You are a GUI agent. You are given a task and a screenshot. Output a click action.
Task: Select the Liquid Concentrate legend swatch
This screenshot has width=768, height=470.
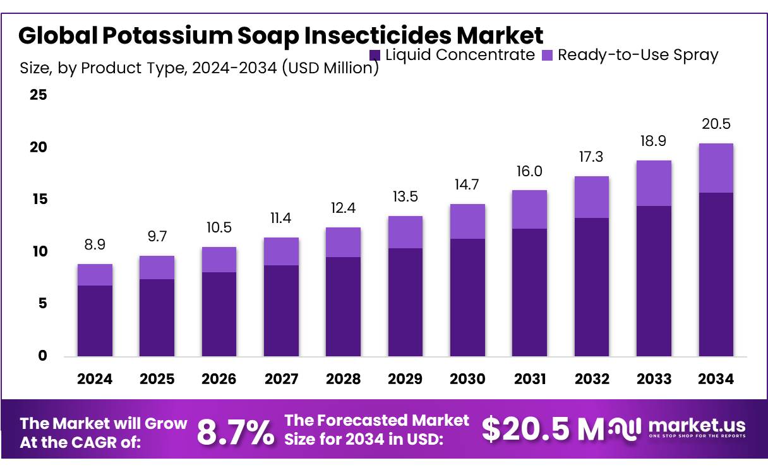point(375,55)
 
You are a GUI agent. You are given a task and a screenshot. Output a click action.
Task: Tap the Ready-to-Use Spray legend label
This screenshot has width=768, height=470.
point(638,55)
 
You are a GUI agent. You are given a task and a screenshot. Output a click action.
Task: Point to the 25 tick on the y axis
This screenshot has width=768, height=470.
point(39,95)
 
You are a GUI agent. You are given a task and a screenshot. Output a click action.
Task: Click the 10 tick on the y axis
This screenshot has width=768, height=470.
point(39,251)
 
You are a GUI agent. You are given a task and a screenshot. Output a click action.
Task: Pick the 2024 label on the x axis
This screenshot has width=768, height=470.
point(95,379)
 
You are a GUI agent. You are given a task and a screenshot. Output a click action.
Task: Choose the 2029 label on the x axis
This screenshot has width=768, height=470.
point(405,379)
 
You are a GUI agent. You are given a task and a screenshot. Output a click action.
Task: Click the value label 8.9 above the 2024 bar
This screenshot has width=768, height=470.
point(95,244)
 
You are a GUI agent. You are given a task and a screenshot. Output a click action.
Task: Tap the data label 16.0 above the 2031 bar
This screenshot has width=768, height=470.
point(529,171)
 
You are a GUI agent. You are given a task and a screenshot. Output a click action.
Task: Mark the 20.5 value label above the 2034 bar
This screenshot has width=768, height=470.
point(716,124)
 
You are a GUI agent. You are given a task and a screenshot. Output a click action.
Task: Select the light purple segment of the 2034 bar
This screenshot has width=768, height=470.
point(716,168)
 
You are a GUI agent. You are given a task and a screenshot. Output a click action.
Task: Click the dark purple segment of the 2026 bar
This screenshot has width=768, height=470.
point(219,314)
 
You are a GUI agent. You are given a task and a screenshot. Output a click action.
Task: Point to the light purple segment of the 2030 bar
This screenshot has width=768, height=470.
point(467,221)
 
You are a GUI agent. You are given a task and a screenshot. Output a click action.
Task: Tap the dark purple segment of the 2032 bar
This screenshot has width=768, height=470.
point(592,287)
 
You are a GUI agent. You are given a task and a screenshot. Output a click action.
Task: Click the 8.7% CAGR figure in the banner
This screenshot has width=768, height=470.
point(236,432)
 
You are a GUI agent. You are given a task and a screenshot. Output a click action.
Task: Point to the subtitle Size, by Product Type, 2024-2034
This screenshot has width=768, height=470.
point(200,68)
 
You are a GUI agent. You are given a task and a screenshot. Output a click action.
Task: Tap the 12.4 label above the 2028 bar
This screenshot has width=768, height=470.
point(343,207)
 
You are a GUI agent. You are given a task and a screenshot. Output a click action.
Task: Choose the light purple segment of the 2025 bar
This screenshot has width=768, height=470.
point(157,267)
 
